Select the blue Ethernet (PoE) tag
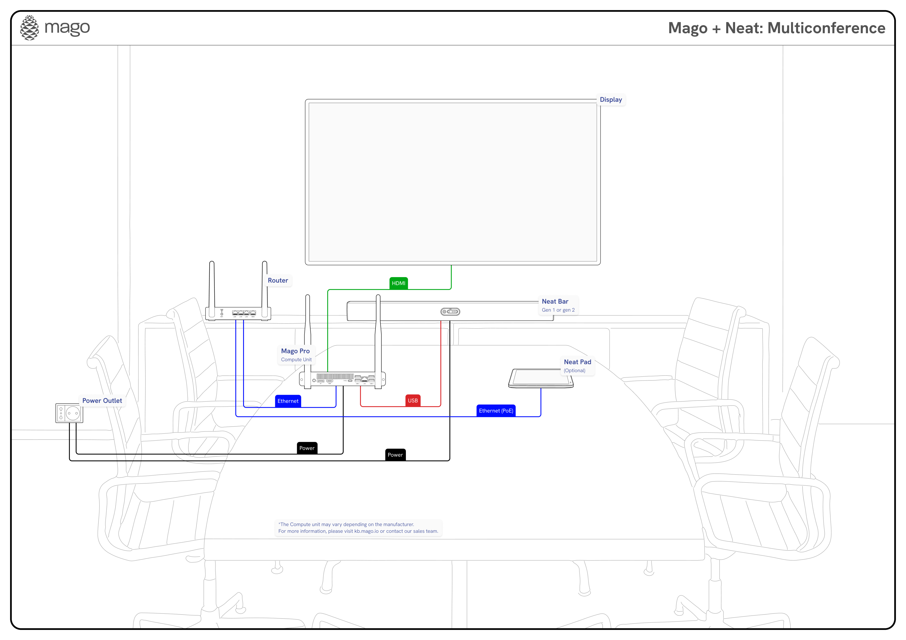pos(496,411)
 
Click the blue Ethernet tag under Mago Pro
pos(288,401)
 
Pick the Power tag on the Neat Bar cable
pos(395,455)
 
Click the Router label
pos(278,281)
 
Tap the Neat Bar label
pos(555,301)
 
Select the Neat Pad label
pos(577,362)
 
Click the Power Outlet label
pos(102,401)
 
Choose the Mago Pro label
pos(295,351)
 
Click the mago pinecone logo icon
pos(30,28)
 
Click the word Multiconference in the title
pos(826,28)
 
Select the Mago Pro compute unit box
pos(342,379)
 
